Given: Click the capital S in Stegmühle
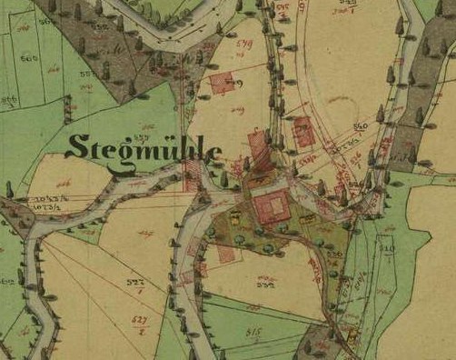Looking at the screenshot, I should (76, 147).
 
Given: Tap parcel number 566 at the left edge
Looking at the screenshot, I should (8, 100).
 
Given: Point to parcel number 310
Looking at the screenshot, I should (389, 246).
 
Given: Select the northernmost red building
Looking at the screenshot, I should (223, 84).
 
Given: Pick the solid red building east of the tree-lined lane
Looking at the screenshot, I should (304, 135).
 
